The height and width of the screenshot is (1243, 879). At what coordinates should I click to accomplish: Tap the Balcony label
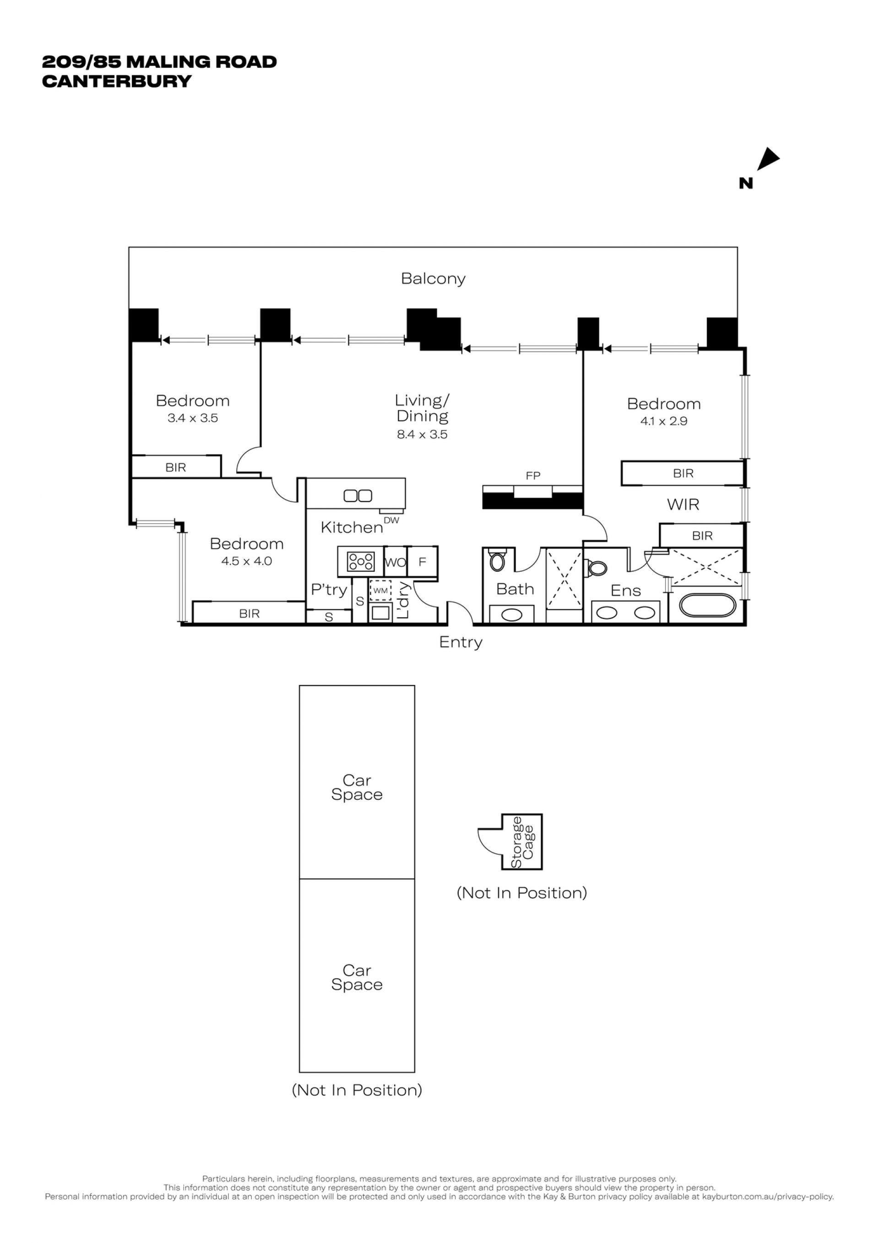(433, 279)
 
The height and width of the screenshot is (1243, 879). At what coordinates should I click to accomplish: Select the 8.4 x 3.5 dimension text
(422, 434)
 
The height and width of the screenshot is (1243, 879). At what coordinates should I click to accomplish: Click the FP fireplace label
(533, 476)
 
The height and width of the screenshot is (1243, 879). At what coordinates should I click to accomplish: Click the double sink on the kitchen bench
(358, 495)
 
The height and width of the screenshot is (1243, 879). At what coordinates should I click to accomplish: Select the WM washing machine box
(380, 590)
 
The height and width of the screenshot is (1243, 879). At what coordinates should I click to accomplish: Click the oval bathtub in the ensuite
(707, 606)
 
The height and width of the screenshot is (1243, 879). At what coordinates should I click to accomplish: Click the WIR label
(683, 505)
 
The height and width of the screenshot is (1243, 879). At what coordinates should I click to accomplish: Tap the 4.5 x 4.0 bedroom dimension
(246, 561)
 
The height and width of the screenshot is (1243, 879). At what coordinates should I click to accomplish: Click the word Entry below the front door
(461, 643)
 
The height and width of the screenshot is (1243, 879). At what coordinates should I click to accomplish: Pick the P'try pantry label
(329, 590)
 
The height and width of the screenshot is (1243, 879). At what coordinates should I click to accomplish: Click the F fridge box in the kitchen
(423, 562)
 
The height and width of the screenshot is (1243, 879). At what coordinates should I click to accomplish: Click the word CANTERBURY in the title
(117, 81)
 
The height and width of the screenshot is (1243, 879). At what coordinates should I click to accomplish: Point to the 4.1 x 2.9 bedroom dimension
(663, 421)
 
